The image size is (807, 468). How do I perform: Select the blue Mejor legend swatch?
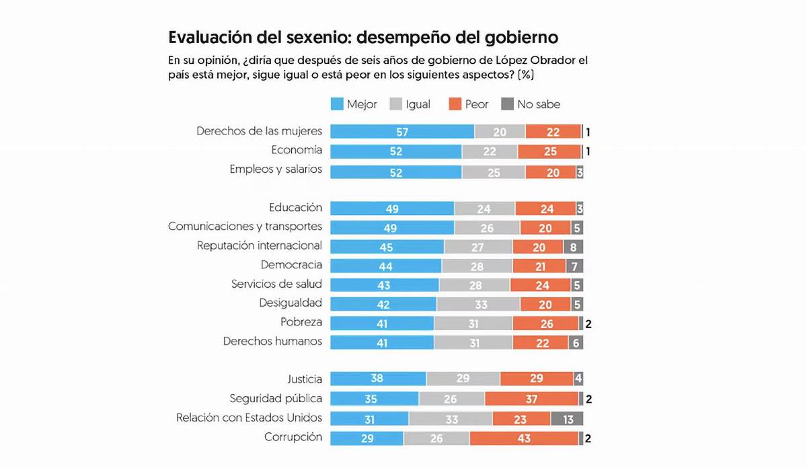point(338,104)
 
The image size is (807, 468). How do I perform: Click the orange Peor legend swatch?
point(455,104)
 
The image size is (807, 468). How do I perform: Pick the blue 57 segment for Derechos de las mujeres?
point(402,132)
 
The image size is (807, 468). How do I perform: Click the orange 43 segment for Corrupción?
point(524,438)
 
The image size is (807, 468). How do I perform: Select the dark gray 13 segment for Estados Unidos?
point(568,419)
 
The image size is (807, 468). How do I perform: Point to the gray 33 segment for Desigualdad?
point(478,304)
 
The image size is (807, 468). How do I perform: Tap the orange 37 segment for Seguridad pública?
point(531,399)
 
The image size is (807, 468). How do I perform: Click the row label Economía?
point(297,150)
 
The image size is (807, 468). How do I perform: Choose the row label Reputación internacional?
point(259,245)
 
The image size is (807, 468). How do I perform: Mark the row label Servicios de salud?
point(276,284)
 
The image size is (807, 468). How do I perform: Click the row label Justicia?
point(305,380)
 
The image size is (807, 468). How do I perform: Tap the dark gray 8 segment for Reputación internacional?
point(574,247)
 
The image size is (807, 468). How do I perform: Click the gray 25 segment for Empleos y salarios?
point(493,172)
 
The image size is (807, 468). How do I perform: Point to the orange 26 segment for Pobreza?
point(545,323)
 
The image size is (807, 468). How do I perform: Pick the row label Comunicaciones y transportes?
point(245,227)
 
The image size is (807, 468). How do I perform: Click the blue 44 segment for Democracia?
point(386,266)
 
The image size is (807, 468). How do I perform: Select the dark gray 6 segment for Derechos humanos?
point(575,342)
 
